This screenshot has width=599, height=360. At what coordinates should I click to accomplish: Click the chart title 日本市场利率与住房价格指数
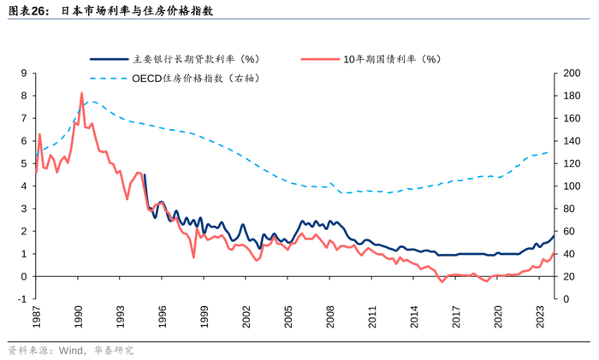click(x=138, y=12)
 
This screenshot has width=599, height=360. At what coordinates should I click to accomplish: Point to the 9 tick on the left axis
click(x=24, y=74)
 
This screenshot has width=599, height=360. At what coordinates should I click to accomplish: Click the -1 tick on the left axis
click(x=22, y=299)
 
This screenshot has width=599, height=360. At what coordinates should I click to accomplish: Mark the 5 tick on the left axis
click(x=24, y=163)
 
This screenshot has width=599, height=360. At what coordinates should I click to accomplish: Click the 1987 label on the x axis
click(x=37, y=317)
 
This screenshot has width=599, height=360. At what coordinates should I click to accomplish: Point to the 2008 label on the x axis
click(x=330, y=317)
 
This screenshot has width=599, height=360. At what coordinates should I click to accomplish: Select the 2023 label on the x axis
click(x=540, y=317)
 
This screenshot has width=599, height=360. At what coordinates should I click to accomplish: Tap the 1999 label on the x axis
click(x=205, y=317)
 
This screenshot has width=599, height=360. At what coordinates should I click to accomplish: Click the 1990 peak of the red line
click(x=81, y=93)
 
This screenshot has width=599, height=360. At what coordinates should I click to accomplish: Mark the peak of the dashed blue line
click(x=92, y=102)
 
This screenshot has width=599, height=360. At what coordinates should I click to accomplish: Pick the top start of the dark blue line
click(x=144, y=174)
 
